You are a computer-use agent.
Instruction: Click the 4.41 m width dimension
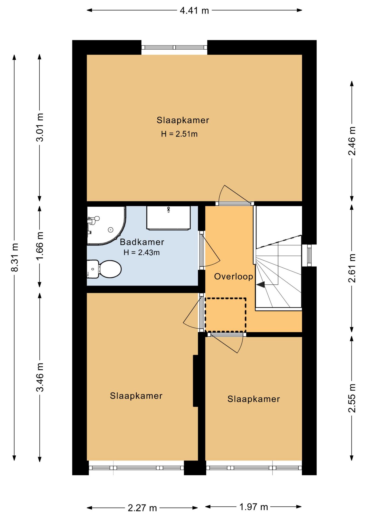click(194, 11)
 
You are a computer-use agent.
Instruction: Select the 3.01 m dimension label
click(40, 127)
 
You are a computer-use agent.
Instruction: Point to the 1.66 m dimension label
click(40, 246)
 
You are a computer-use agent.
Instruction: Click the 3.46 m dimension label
click(40, 377)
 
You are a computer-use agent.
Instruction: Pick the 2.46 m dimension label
click(352, 141)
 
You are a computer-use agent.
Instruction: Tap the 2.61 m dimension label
click(352, 268)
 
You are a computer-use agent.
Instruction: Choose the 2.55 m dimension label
click(352, 398)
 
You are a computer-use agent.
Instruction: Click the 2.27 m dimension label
click(142, 508)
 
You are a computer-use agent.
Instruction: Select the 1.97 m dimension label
click(254, 507)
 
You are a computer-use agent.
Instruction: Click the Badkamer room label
click(142, 242)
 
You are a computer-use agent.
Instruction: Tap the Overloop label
click(234, 277)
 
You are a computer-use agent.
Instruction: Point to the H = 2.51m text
click(179, 134)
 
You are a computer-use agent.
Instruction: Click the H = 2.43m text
click(141, 253)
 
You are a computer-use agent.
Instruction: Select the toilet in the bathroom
click(104, 269)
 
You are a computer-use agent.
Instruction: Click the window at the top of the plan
click(174, 47)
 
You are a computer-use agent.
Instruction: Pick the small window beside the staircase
click(309, 255)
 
